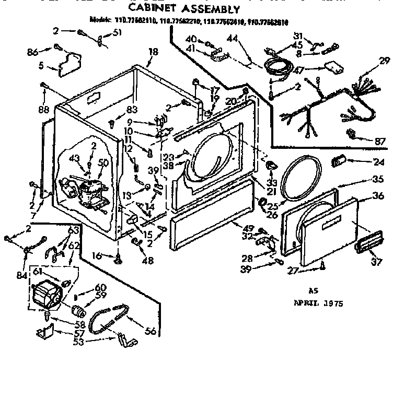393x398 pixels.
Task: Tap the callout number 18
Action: pos(153,52)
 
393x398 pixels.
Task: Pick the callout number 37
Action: pos(376,262)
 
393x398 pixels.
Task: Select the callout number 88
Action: pos(43,110)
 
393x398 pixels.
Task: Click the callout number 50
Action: pos(103,163)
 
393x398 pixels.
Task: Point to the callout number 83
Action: pos(132,109)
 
